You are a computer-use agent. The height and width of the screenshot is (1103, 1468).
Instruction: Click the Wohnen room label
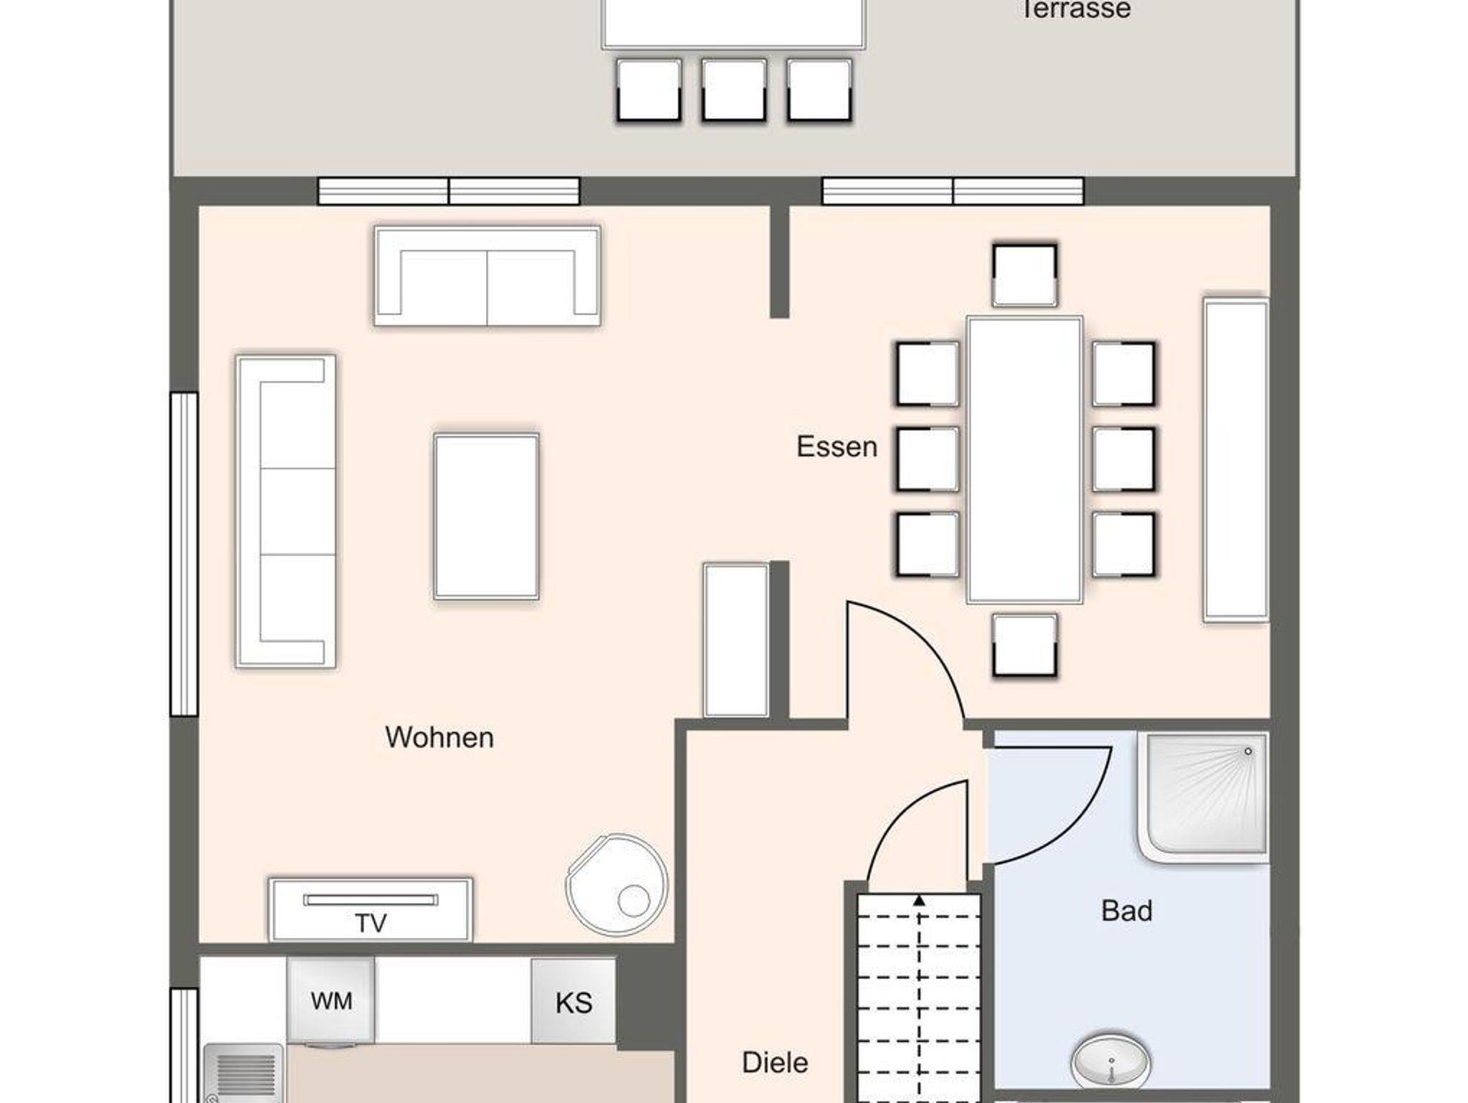click(439, 737)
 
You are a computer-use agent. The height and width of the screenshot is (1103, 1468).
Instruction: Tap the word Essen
click(837, 447)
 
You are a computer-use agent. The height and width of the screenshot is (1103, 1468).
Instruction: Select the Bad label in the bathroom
click(1127, 911)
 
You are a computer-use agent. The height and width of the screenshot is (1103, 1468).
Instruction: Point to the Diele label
click(775, 1062)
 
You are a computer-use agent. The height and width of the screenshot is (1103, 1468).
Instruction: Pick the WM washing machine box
click(330, 1000)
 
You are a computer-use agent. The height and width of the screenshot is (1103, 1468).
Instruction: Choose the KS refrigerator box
click(573, 1001)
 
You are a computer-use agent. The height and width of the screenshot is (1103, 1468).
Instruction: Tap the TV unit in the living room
click(371, 909)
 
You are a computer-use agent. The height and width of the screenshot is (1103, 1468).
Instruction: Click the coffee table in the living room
click(486, 516)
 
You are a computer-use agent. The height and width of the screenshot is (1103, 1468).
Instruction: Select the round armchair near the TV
click(616, 885)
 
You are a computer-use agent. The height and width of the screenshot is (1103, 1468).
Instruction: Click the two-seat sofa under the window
click(487, 276)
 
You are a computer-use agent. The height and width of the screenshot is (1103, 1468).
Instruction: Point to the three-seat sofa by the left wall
click(286, 511)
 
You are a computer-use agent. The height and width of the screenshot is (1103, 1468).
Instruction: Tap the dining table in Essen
click(1024, 460)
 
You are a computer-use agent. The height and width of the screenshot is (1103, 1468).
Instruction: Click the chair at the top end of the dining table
click(1024, 275)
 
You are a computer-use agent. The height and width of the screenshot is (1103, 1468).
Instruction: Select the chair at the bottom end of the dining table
click(1025, 645)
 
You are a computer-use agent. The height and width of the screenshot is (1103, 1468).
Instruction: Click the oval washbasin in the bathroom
click(1111, 1061)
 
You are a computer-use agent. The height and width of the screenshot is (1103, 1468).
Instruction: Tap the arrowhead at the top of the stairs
click(919, 900)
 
